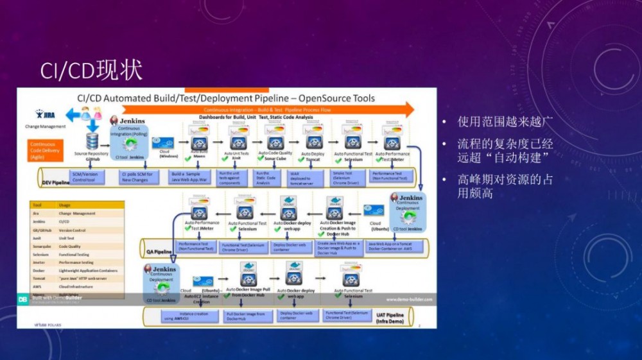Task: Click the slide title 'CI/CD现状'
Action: pyautogui.click(x=91, y=71)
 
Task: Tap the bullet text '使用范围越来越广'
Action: pyautogui.click(x=505, y=122)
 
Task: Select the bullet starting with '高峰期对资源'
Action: pyautogui.click(x=505, y=186)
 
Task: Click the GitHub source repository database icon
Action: pyautogui.click(x=92, y=142)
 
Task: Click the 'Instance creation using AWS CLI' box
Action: pyautogui.click(x=193, y=315)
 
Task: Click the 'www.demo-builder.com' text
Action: pyautogui.click(x=409, y=299)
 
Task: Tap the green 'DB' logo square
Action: pyautogui.click(x=22, y=299)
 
